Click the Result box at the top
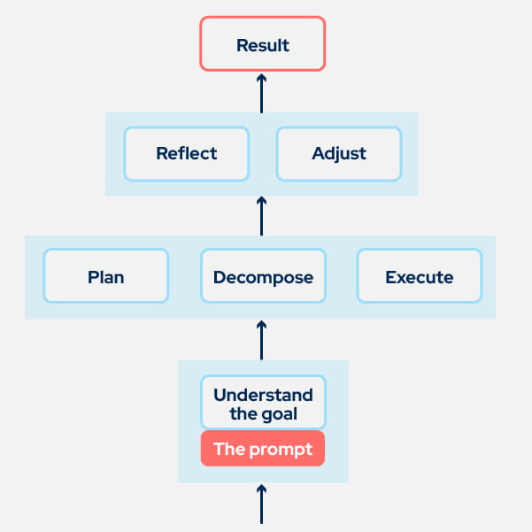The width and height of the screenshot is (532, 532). click(x=263, y=43)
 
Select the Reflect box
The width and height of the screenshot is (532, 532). click(x=187, y=153)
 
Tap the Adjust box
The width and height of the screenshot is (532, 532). click(x=339, y=153)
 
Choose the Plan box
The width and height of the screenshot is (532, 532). click(x=105, y=277)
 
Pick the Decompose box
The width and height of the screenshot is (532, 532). click(x=263, y=277)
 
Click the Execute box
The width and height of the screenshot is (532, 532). click(x=419, y=277)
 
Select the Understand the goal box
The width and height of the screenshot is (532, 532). click(x=263, y=404)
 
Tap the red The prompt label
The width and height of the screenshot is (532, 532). click(x=263, y=449)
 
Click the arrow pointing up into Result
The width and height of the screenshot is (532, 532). click(x=262, y=93)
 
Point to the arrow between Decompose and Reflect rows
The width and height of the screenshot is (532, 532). click(x=262, y=216)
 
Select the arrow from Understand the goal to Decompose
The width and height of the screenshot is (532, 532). click(x=262, y=339)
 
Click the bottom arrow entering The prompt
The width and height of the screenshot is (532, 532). click(x=262, y=503)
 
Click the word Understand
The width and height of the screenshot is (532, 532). click(x=263, y=395)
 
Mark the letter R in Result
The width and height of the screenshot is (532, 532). click(x=242, y=44)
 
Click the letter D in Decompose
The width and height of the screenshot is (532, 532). click(x=219, y=277)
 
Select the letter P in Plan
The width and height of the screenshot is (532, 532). click(x=93, y=277)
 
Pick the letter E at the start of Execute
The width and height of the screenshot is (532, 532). click(x=390, y=277)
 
